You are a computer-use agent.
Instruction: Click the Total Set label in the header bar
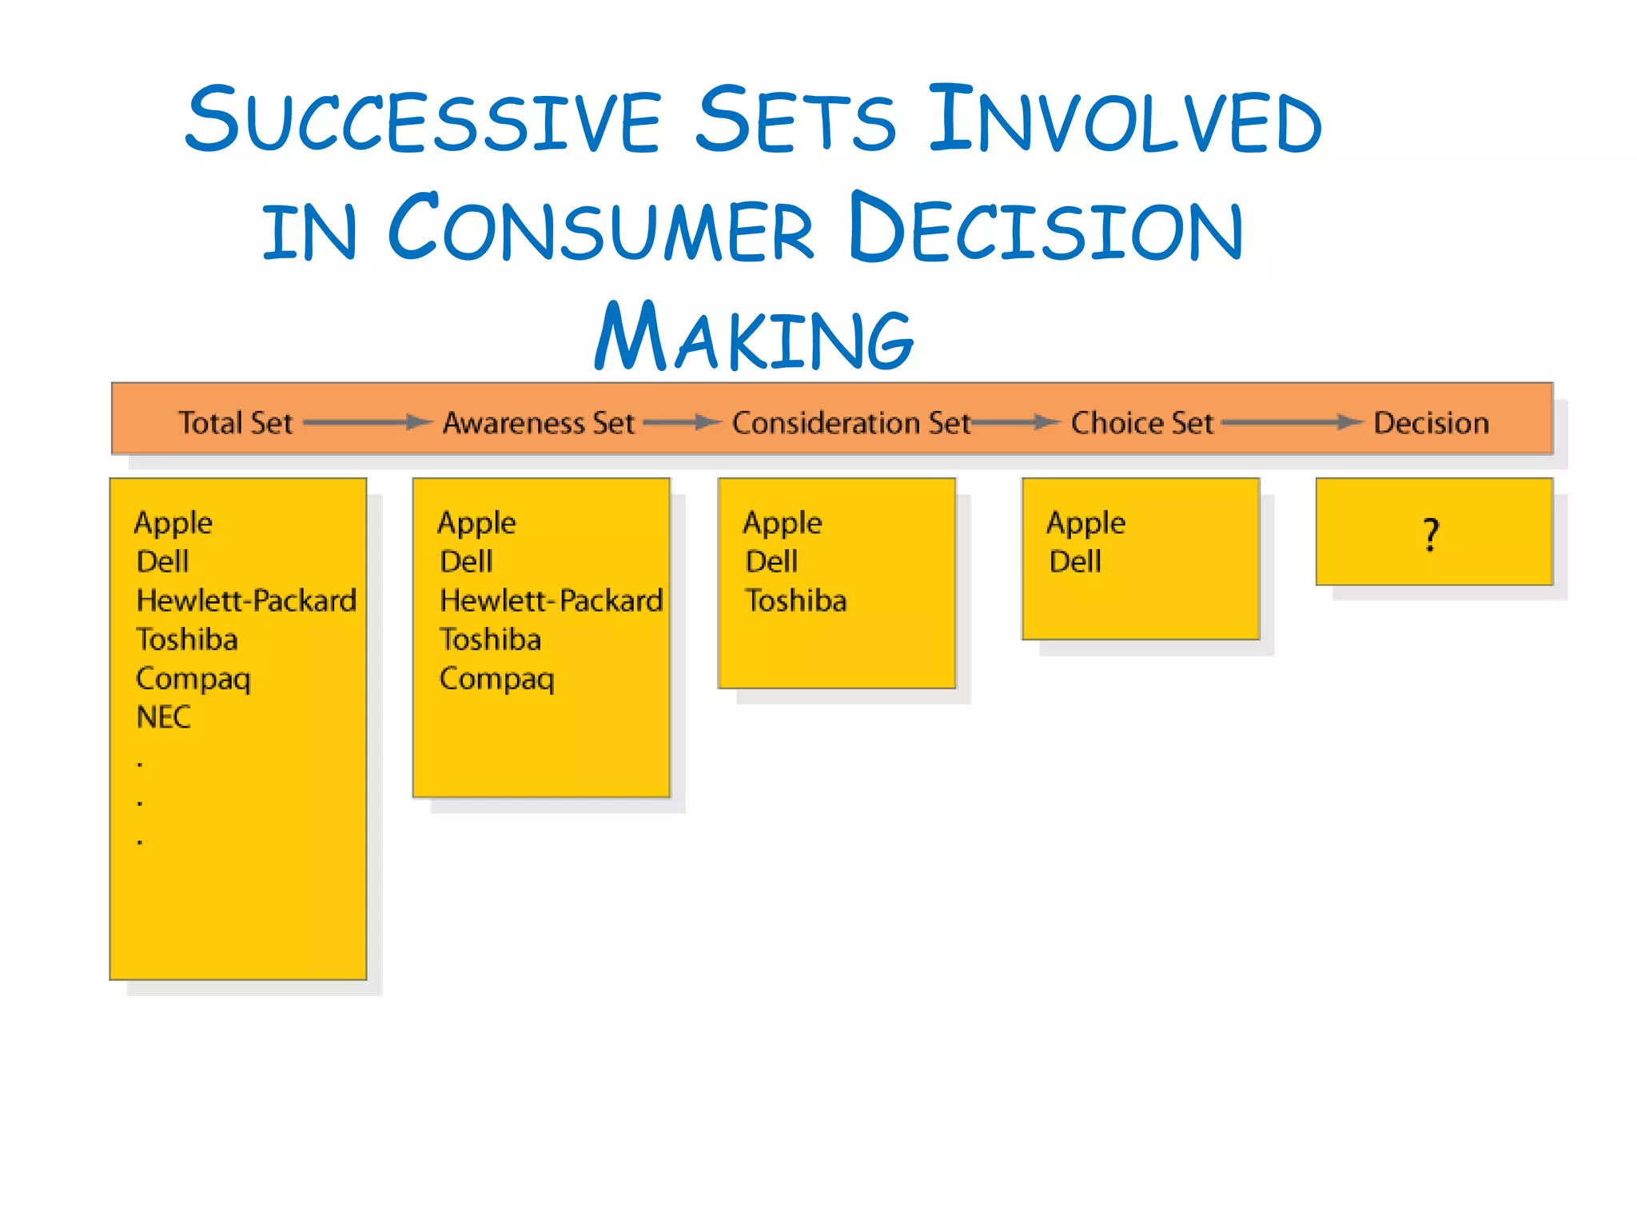point(235,422)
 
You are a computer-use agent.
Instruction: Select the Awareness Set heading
point(538,422)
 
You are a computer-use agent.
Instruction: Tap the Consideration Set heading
point(850,422)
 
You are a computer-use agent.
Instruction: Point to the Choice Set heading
point(1141,422)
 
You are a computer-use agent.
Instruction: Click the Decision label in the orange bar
point(1431,422)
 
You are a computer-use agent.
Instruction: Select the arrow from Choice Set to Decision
point(1292,421)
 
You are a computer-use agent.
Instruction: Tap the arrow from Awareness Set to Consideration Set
point(683,421)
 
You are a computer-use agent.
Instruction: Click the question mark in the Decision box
point(1431,534)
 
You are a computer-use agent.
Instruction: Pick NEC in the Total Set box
point(164,717)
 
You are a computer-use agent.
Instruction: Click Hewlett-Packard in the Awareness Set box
point(551,600)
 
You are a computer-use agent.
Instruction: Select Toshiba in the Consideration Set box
point(795,600)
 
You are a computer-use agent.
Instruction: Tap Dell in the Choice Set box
point(1075,561)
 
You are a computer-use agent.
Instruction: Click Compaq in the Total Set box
point(193,679)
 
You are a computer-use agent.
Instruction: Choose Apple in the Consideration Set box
point(782,523)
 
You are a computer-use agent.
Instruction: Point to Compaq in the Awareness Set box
point(496,679)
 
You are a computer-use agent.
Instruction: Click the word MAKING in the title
point(754,337)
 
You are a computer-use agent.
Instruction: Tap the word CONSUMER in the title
point(601,229)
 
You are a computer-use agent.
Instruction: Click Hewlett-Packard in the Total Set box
point(246,600)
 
